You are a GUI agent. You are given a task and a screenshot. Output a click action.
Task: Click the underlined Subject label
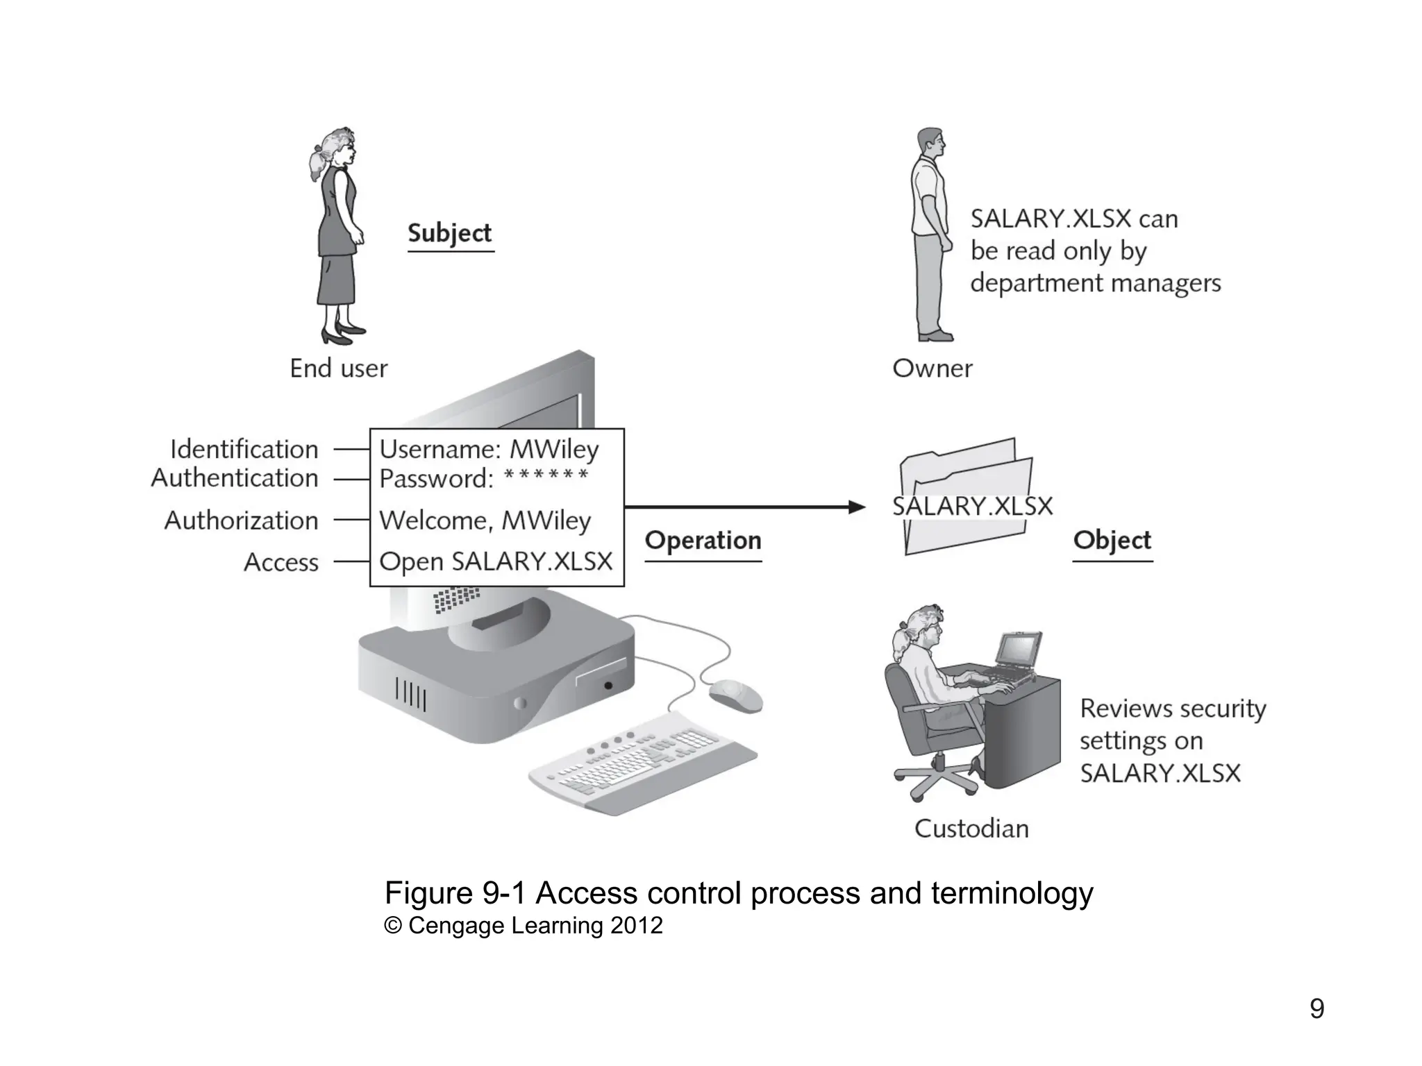click(450, 233)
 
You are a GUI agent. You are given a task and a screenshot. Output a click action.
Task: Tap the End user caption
click(338, 369)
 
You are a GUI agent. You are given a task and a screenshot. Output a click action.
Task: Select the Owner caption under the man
click(932, 369)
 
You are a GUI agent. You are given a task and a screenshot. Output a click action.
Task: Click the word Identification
click(244, 450)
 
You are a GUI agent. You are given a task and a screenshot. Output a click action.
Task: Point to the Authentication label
click(235, 478)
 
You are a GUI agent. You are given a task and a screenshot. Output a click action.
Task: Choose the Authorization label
click(241, 521)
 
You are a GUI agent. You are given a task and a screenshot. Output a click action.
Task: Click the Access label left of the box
click(281, 562)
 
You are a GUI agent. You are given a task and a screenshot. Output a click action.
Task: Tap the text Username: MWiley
click(489, 450)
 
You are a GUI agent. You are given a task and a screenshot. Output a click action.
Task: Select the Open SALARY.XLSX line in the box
click(496, 561)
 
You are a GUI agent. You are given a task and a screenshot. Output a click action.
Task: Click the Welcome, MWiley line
click(485, 521)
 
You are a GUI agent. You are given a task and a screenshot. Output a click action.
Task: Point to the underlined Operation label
click(703, 541)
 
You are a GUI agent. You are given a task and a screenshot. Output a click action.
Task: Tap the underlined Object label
click(1112, 541)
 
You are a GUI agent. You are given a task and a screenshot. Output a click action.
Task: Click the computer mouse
click(735, 695)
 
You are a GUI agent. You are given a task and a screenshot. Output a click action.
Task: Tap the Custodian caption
click(971, 829)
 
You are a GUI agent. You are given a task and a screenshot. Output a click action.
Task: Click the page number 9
click(1316, 1008)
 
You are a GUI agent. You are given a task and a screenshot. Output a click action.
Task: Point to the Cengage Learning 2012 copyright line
click(524, 926)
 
